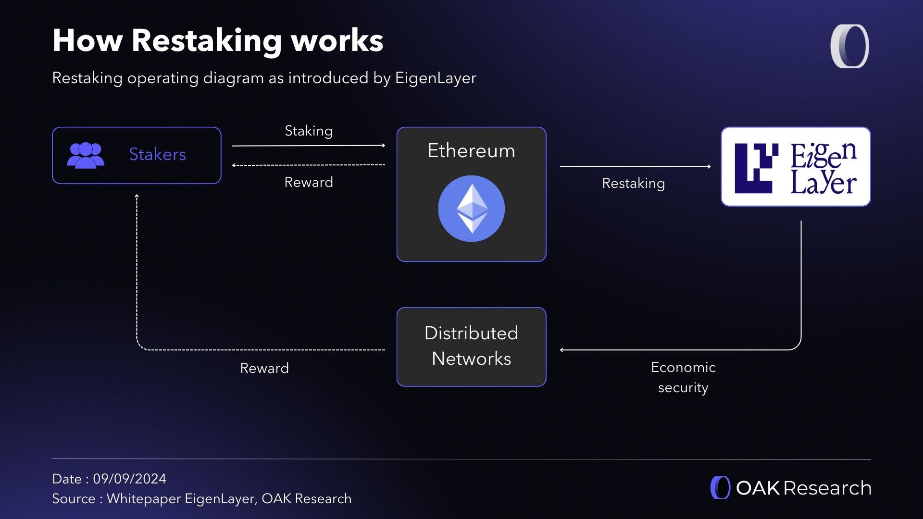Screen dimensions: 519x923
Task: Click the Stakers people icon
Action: pos(86,155)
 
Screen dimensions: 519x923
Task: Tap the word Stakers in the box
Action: pos(157,154)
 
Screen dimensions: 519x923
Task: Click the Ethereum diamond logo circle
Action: pos(471,209)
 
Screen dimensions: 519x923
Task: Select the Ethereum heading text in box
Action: pos(471,151)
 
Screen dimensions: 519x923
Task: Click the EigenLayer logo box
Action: pos(796,167)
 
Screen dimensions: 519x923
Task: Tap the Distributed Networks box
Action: pos(471,346)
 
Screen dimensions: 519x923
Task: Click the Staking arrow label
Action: pos(309,131)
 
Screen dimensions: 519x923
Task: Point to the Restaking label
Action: pos(633,183)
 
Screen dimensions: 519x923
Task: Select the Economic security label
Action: pos(683,377)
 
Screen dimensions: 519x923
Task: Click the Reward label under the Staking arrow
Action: pos(309,182)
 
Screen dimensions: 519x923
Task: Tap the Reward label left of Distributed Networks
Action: pos(264,368)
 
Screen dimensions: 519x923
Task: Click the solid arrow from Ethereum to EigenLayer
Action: pos(635,166)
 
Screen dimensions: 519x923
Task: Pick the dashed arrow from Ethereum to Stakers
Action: pos(309,165)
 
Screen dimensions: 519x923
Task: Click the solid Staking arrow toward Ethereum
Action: pos(309,145)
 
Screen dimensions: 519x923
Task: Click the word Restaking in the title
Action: pos(207,40)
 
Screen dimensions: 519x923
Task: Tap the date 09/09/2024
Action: pos(129,479)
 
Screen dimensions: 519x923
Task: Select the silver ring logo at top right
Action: pos(849,46)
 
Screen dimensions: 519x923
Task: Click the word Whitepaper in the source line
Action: pos(144,499)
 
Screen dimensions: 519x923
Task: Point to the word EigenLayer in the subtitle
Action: pos(436,78)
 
